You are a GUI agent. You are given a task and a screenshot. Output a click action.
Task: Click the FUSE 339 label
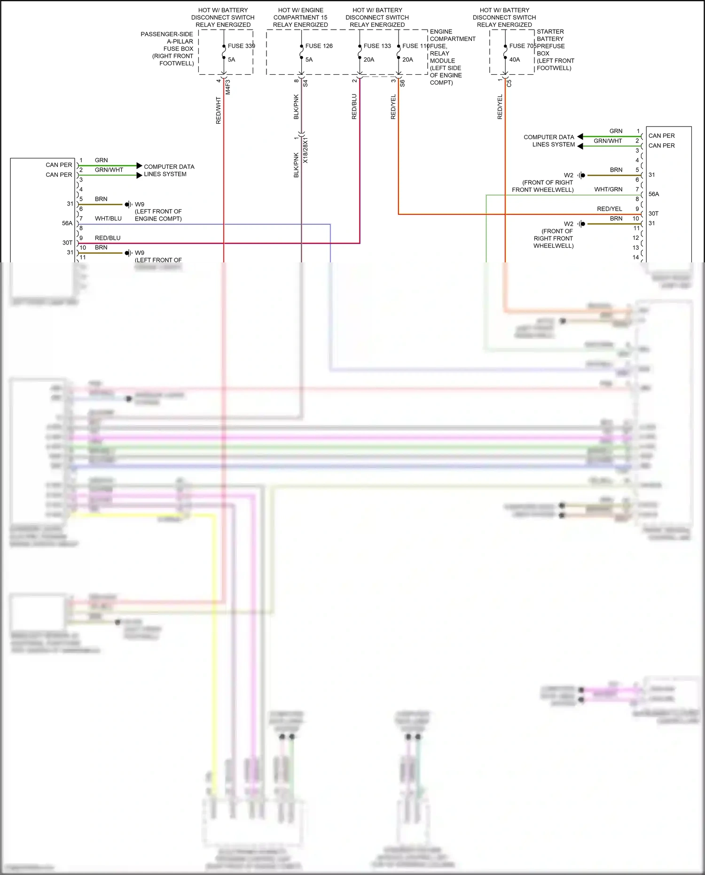[241, 46]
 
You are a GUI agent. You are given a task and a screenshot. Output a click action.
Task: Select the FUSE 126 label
[319, 46]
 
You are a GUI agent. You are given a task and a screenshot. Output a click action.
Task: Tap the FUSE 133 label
[377, 46]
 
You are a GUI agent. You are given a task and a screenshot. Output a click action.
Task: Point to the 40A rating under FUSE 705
[515, 60]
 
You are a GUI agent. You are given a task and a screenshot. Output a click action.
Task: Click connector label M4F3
[228, 87]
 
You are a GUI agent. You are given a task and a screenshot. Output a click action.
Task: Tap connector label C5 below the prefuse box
[509, 83]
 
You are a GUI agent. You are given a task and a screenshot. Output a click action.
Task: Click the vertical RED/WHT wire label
[218, 110]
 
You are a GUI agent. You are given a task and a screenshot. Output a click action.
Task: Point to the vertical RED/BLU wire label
[354, 107]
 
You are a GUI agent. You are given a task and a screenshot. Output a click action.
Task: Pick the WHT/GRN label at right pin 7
[608, 189]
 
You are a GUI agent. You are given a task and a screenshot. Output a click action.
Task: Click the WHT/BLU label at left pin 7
[108, 219]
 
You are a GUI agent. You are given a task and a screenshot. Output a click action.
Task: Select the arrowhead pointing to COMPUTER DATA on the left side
[139, 166]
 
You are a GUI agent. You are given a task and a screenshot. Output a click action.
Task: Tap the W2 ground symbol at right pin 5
[582, 175]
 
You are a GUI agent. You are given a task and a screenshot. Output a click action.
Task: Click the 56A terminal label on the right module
[654, 194]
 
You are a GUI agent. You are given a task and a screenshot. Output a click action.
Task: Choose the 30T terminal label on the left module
[67, 243]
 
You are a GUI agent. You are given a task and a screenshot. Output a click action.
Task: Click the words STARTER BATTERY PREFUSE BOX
[550, 42]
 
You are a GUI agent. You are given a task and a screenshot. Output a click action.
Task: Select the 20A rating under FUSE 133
[369, 60]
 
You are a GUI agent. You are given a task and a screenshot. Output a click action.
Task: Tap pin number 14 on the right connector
[635, 257]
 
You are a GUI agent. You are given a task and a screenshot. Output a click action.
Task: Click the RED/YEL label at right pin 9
[609, 209]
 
